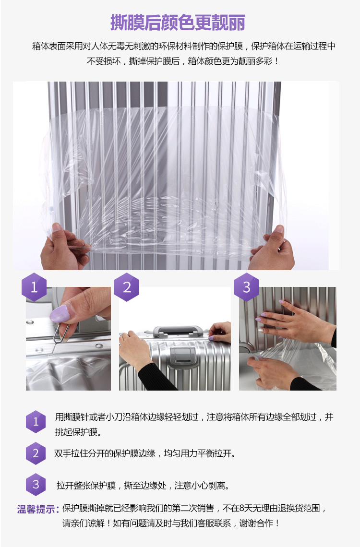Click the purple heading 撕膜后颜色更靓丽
178,23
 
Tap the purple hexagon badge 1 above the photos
34,287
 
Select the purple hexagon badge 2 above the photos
127,287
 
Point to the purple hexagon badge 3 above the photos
247,287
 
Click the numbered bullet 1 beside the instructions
36,422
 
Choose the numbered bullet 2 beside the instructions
36,453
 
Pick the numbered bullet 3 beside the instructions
36,485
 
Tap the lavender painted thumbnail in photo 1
60,314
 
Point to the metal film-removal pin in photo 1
58,335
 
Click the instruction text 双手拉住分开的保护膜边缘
105,453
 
